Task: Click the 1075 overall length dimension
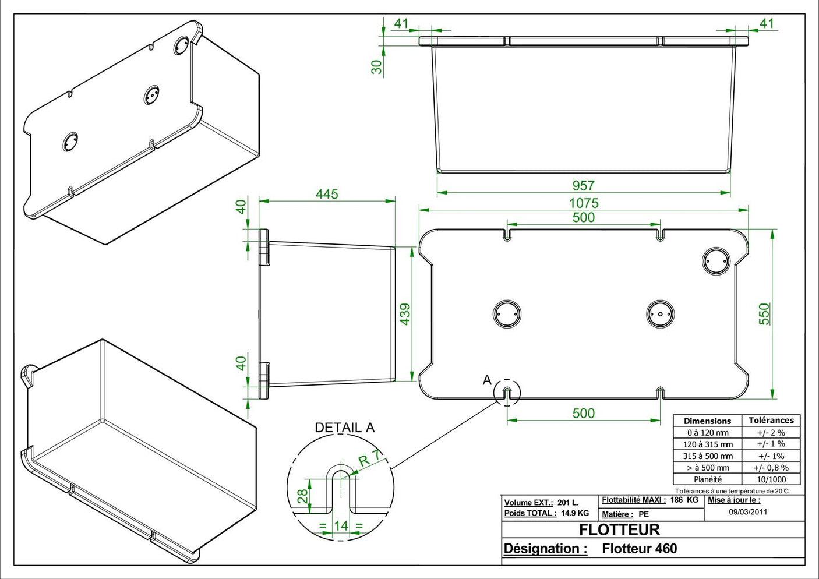point(584,203)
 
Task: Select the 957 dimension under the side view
point(583,186)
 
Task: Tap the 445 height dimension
point(327,194)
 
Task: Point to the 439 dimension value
point(405,314)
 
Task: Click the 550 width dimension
point(764,314)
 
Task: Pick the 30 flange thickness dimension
point(376,67)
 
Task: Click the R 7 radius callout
point(369,458)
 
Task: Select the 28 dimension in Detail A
point(303,496)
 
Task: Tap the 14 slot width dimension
point(341,525)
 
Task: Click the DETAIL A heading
point(345,428)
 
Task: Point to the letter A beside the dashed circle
point(487,380)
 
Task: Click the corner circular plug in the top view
point(716,261)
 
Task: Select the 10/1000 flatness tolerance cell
point(771,479)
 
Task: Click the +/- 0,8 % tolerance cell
point(771,468)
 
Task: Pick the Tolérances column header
point(771,421)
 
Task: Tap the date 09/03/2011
point(748,512)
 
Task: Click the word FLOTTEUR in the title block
point(619,529)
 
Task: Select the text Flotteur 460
point(640,548)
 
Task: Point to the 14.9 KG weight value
point(575,513)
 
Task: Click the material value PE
point(644,514)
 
